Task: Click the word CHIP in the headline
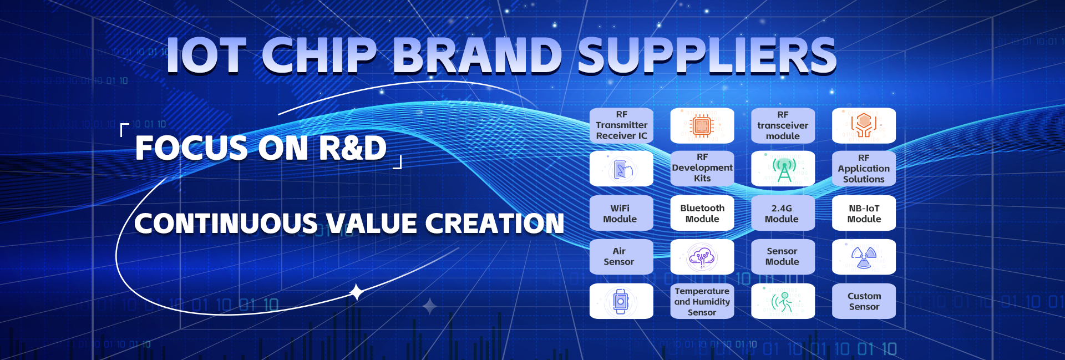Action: tap(319, 55)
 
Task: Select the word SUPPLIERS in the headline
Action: tap(707, 55)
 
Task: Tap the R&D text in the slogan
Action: tap(353, 148)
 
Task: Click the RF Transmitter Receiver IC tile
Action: tap(621, 125)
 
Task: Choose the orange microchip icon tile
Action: tap(702, 125)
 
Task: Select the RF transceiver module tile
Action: tap(783, 125)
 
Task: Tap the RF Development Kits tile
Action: tap(702, 168)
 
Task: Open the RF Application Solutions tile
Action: tap(864, 168)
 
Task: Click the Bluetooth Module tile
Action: tap(702, 213)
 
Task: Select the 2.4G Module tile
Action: tap(783, 213)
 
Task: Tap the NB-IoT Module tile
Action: tap(864, 213)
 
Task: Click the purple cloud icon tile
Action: tap(702, 257)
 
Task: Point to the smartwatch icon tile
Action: tap(621, 301)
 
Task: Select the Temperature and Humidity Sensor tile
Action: tap(702, 301)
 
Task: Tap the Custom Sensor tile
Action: tap(864, 301)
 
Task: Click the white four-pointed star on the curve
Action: tap(357, 292)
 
